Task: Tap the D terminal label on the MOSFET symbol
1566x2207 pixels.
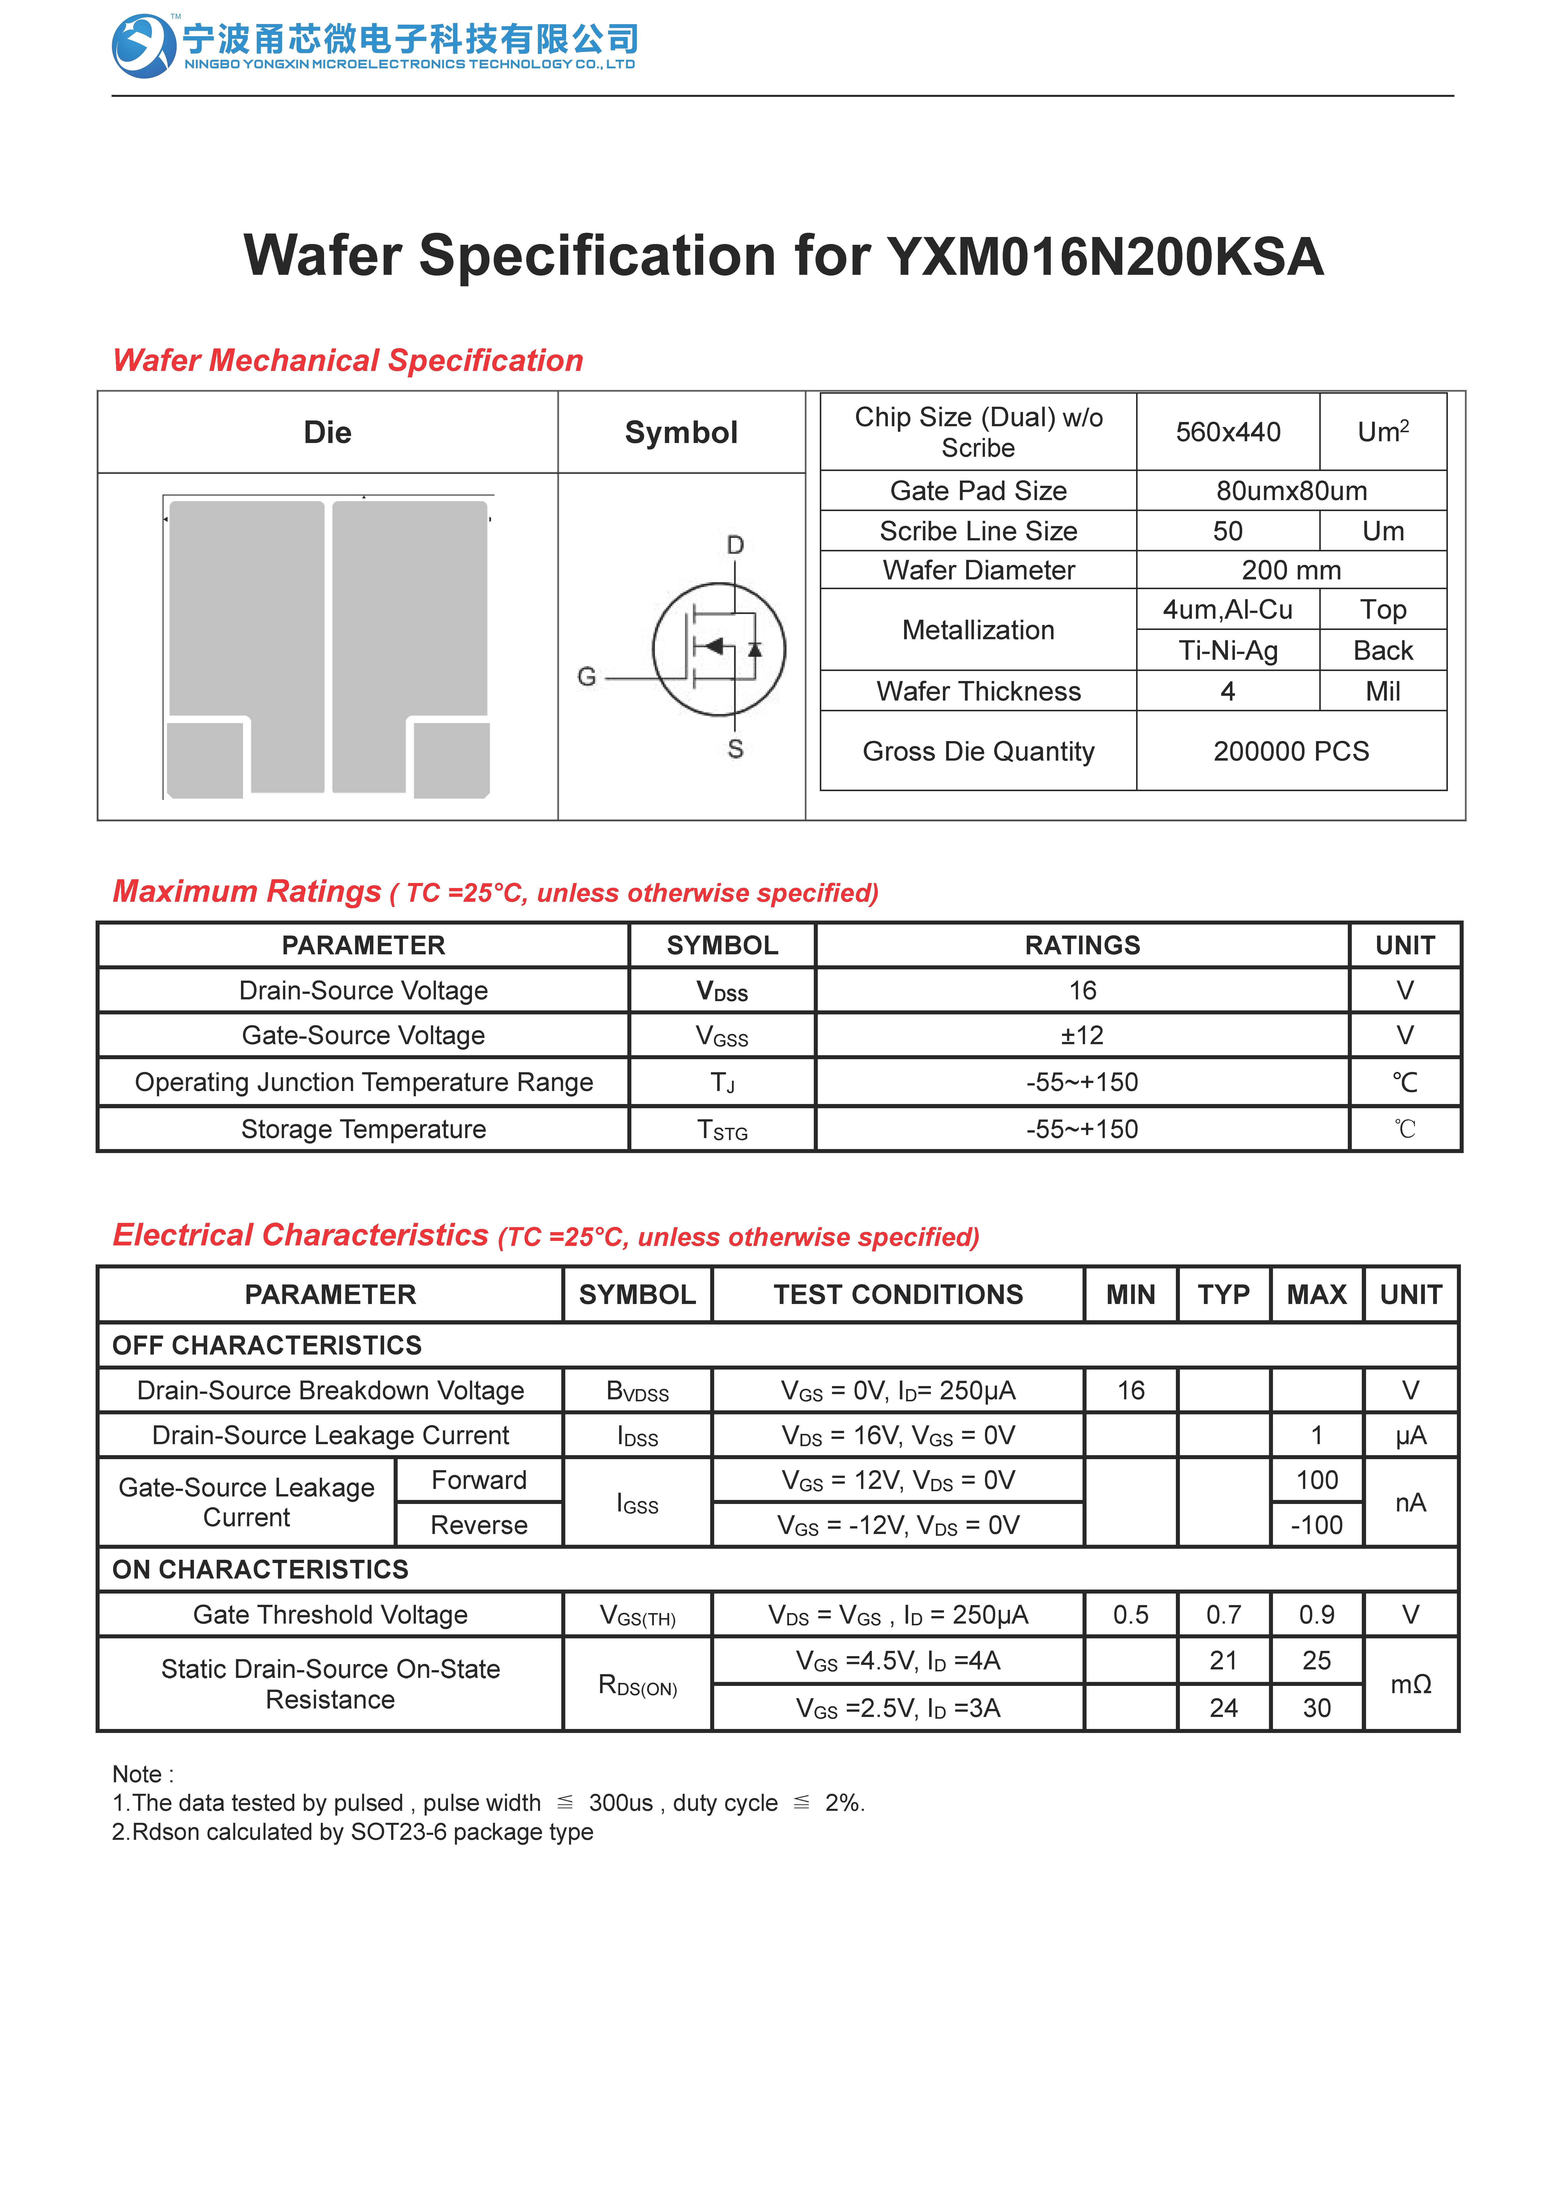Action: tap(735, 546)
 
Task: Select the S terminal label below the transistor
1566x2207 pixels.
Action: tap(735, 749)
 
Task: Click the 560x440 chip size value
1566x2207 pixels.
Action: tap(1227, 432)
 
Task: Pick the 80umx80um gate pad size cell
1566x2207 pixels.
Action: tap(1291, 491)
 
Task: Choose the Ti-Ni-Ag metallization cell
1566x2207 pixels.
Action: tap(1227, 651)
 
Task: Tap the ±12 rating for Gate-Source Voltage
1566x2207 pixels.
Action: tap(1082, 1035)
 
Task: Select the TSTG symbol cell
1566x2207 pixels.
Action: tap(722, 1130)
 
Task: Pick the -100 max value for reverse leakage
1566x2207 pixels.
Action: tap(1316, 1525)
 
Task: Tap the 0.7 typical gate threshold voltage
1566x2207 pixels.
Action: tap(1224, 1615)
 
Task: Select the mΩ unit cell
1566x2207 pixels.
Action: tap(1410, 1684)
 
